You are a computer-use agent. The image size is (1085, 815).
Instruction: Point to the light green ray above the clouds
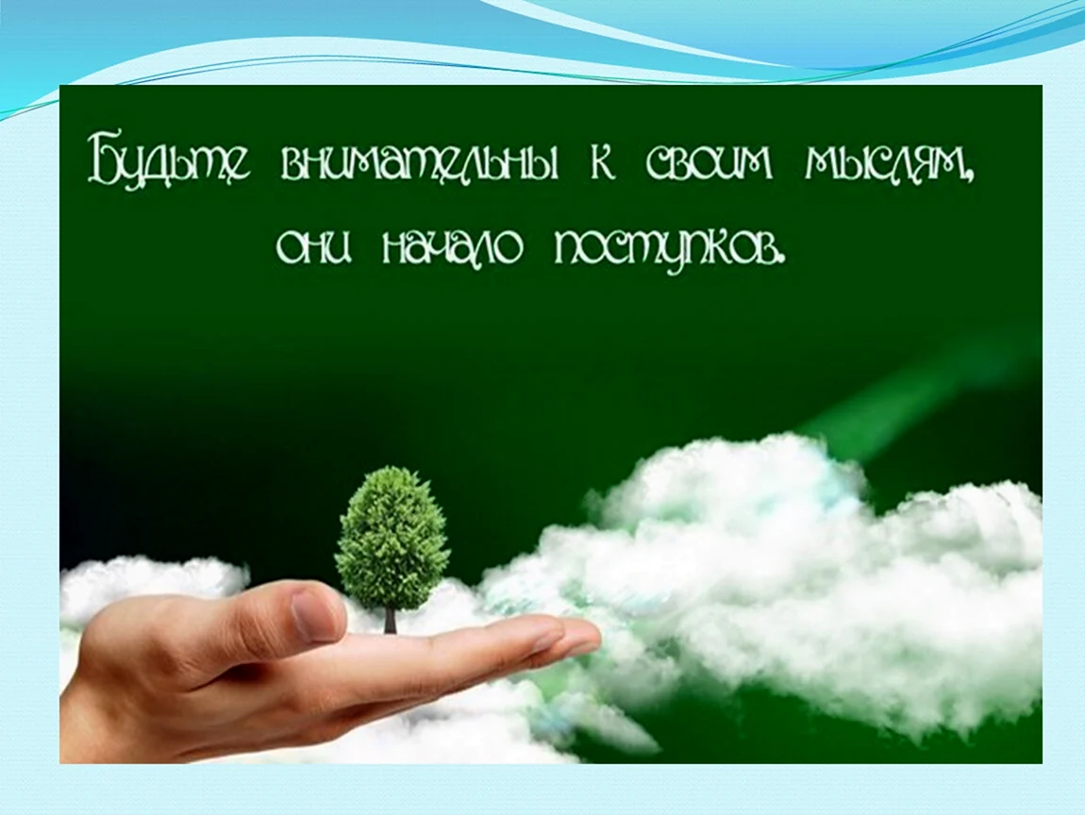(x=893, y=388)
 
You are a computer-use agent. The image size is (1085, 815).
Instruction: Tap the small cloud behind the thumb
(x=156, y=588)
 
